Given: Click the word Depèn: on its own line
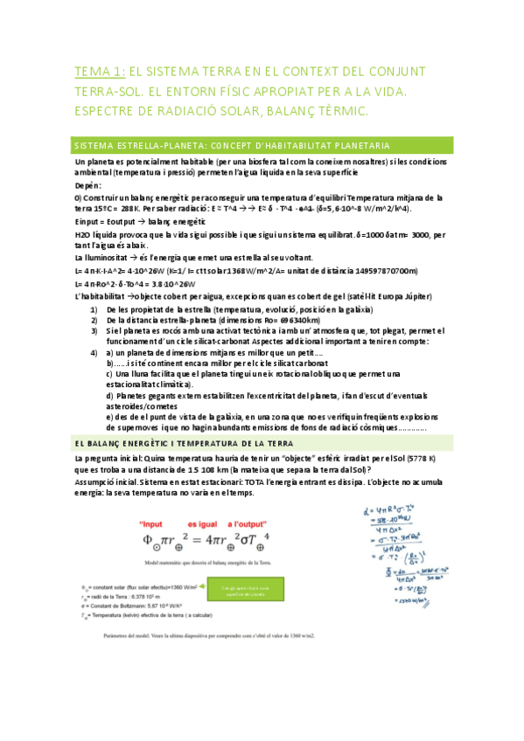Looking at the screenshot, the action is coord(88,185).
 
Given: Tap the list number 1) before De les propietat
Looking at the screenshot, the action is coord(94,309).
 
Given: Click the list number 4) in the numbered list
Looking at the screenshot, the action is coord(94,352).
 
